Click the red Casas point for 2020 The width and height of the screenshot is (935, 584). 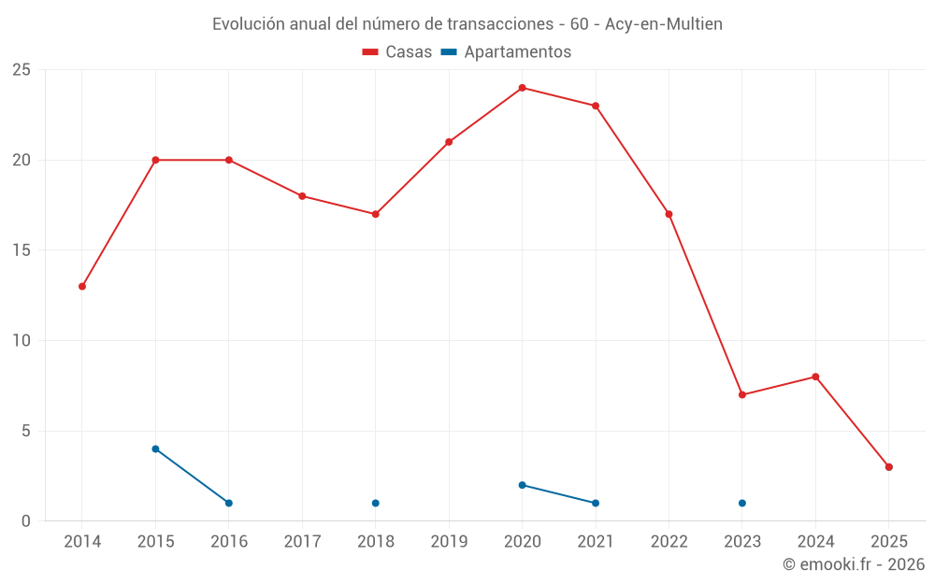click(x=523, y=88)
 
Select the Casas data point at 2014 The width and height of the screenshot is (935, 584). click(x=82, y=287)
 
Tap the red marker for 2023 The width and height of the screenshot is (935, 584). click(x=742, y=395)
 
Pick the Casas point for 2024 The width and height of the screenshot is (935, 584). click(x=815, y=377)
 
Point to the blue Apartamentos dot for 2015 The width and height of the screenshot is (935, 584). click(x=155, y=449)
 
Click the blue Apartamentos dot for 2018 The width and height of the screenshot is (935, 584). click(x=376, y=504)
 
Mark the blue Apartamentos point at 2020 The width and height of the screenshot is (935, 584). click(x=523, y=485)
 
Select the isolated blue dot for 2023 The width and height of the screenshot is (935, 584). click(x=742, y=504)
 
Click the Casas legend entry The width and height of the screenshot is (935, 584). click(x=397, y=52)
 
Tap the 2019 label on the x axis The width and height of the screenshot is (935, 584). click(x=449, y=542)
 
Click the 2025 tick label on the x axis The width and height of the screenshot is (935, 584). click(x=889, y=542)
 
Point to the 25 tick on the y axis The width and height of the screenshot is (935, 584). click(x=22, y=70)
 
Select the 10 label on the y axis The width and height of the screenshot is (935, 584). click(x=22, y=341)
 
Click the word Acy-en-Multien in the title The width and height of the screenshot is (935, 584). click(x=664, y=24)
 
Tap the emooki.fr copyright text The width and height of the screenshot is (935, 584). click(x=854, y=564)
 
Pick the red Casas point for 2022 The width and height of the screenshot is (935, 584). click(x=669, y=214)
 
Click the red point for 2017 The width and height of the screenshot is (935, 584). click(x=302, y=196)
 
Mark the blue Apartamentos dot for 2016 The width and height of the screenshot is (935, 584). click(x=229, y=504)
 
